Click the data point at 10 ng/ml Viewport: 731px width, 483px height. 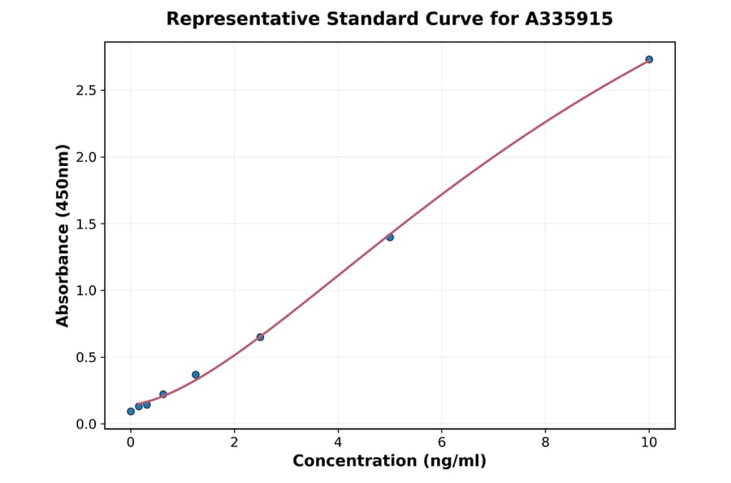(x=649, y=59)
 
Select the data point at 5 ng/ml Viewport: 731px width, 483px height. (x=390, y=237)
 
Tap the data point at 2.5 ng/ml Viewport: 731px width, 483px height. (x=260, y=337)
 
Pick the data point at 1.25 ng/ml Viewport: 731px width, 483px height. (x=196, y=375)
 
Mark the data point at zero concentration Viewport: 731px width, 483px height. (x=131, y=411)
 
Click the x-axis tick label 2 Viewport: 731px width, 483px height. (x=234, y=442)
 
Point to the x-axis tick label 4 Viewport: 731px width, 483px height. (x=338, y=442)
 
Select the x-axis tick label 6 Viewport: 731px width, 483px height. (x=441, y=442)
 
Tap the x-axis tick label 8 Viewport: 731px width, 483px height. (x=545, y=442)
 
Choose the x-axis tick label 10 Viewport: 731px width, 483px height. (x=649, y=442)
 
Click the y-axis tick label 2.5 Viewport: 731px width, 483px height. (x=85, y=90)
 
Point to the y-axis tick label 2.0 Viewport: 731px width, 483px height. (x=85, y=157)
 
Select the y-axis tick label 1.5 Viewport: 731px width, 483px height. (x=85, y=224)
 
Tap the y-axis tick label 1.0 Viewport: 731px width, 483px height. (x=85, y=290)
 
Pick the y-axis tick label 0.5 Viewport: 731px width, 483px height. (x=85, y=358)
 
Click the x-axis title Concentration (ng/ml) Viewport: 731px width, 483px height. (x=389, y=462)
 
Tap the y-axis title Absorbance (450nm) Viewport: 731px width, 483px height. (x=63, y=236)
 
